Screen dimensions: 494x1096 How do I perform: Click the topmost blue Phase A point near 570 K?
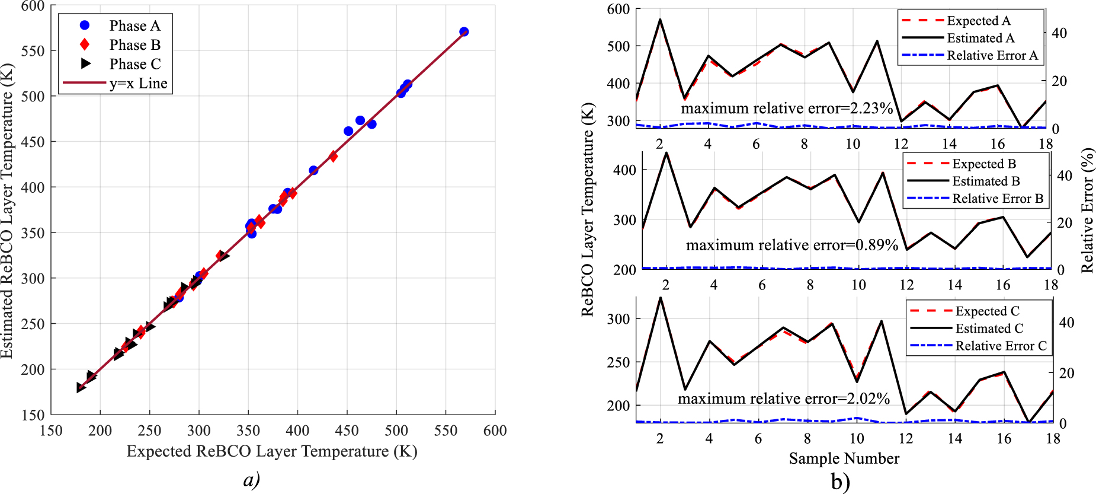(x=464, y=31)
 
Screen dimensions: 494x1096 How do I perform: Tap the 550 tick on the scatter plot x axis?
(x=446, y=431)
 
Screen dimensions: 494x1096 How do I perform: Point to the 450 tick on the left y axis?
(x=33, y=142)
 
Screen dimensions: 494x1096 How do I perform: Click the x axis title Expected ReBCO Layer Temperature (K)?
(x=272, y=451)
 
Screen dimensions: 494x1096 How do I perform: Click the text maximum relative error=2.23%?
(x=786, y=109)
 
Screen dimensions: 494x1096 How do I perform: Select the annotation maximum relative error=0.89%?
(x=791, y=245)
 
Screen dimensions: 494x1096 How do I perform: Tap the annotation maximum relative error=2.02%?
(x=783, y=399)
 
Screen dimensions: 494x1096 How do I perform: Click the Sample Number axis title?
(x=844, y=458)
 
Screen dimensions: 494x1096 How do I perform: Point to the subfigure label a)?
(x=252, y=479)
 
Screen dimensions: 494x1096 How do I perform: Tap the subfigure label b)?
(x=840, y=482)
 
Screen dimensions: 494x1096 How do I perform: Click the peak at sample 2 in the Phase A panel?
(x=660, y=20)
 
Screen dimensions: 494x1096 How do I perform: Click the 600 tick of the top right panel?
(x=618, y=9)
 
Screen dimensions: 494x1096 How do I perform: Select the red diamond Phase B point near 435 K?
(x=333, y=157)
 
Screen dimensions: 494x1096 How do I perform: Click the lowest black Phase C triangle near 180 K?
(x=81, y=387)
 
